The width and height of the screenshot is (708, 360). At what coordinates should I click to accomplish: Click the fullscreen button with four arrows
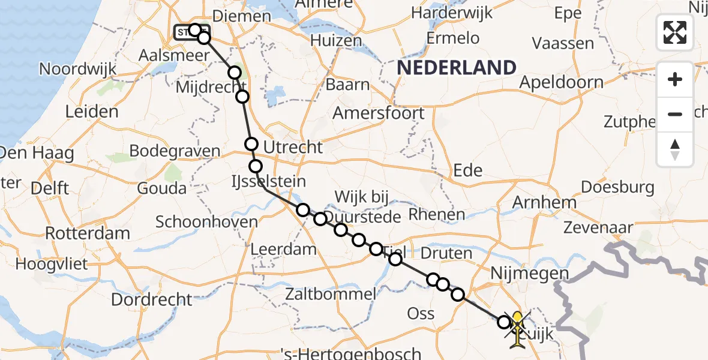coord(675,32)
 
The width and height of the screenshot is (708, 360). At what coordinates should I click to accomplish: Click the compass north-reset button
coord(675,149)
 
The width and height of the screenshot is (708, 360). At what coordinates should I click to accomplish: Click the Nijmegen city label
coord(529,274)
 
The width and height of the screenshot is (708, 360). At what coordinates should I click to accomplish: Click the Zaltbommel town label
coord(331,294)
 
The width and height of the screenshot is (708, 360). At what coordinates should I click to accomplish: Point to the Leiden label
coord(92,112)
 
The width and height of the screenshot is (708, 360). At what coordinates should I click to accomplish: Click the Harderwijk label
coord(452,12)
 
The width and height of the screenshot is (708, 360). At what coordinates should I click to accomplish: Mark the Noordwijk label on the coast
coord(77,69)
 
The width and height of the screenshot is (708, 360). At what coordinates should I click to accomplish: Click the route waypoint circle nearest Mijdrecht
coord(242,97)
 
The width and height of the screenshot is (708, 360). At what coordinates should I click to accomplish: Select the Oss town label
coord(421,313)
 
